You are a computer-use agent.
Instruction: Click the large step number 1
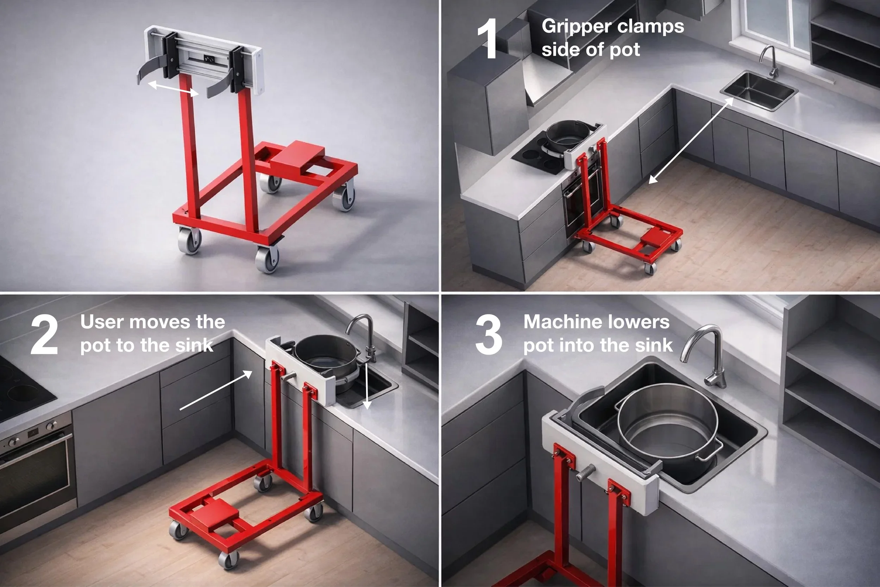click(488, 39)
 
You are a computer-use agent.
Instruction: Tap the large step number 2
click(44, 335)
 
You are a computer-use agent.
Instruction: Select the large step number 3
click(488, 335)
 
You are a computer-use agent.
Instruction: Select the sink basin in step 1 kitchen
click(759, 90)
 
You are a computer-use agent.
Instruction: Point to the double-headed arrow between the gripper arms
click(173, 88)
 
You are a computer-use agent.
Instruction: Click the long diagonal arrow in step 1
click(691, 140)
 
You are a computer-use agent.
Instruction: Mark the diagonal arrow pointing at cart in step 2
click(216, 390)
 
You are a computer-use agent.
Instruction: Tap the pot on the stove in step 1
click(569, 137)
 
